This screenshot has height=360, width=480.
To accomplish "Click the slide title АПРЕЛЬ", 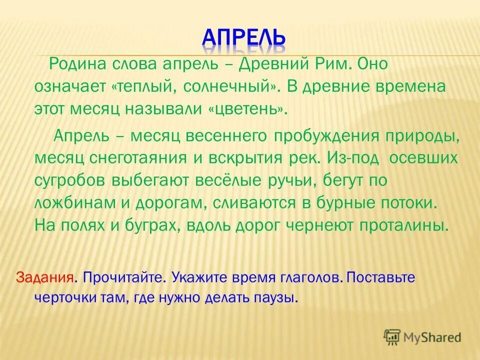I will click(x=243, y=36).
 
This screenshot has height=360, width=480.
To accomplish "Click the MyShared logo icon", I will click(x=392, y=338).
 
